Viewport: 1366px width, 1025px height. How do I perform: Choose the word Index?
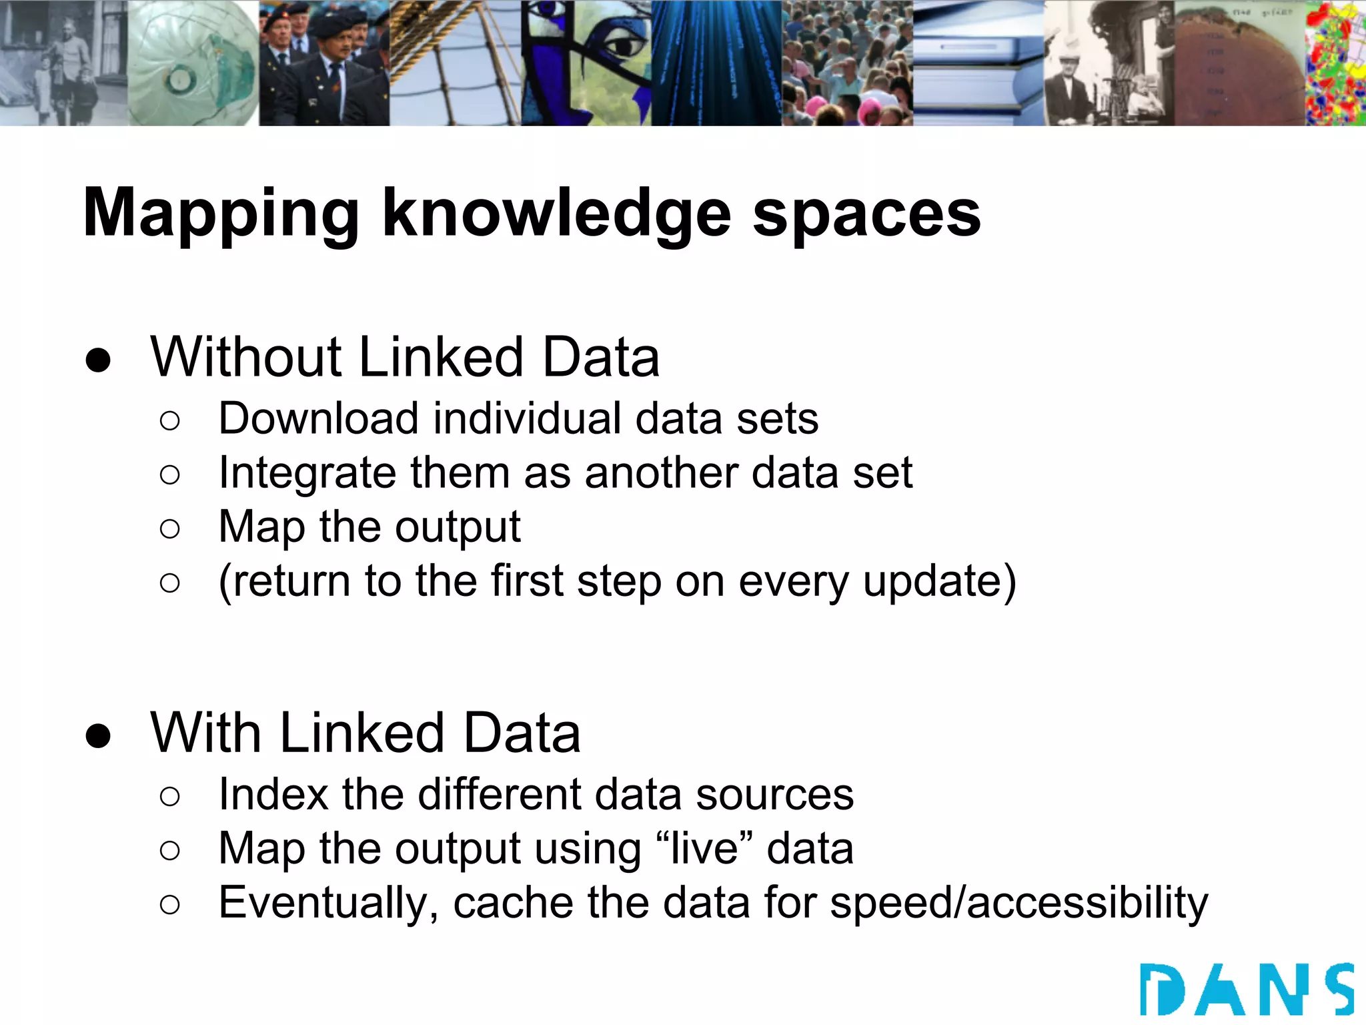pos(273,795)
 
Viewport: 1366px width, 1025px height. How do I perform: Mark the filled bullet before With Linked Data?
pos(98,736)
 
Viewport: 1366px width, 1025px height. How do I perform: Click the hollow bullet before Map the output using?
pos(170,851)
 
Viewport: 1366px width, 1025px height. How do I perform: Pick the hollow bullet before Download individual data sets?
pos(170,421)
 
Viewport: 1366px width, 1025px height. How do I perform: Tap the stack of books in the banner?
pos(977,63)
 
